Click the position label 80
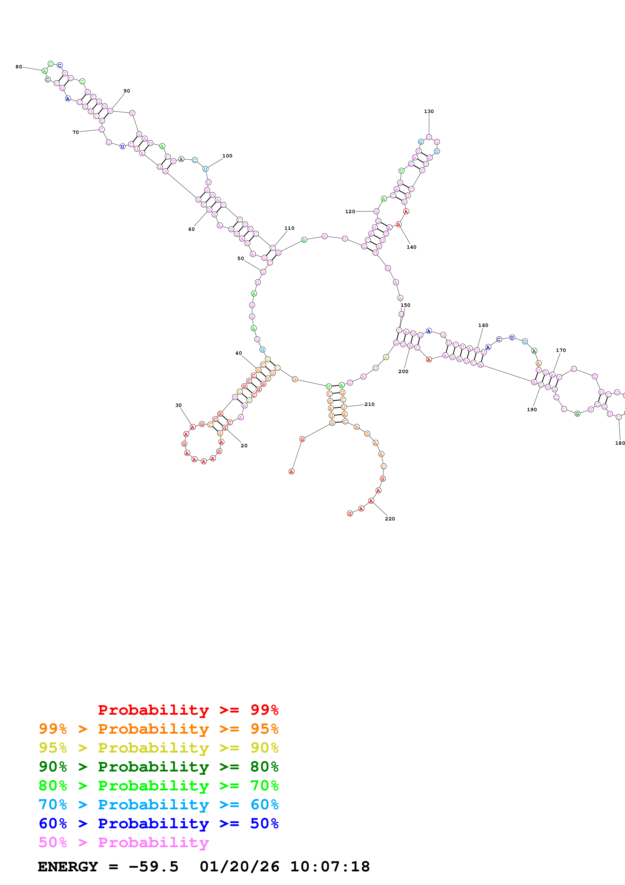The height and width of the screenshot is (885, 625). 18,67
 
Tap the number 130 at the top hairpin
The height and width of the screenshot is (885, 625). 429,112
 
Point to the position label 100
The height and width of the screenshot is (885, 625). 227,156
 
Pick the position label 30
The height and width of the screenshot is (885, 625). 178,405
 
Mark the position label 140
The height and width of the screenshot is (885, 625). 411,247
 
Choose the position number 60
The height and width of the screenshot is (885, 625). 191,229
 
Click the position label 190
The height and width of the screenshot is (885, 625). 531,409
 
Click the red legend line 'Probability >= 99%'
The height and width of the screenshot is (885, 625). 188,710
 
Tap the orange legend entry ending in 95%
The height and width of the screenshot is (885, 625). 158,729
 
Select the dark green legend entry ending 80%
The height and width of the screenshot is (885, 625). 158,767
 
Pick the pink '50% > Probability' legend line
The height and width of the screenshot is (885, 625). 123,842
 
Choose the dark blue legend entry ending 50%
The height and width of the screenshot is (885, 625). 158,823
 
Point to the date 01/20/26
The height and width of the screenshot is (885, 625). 239,867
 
